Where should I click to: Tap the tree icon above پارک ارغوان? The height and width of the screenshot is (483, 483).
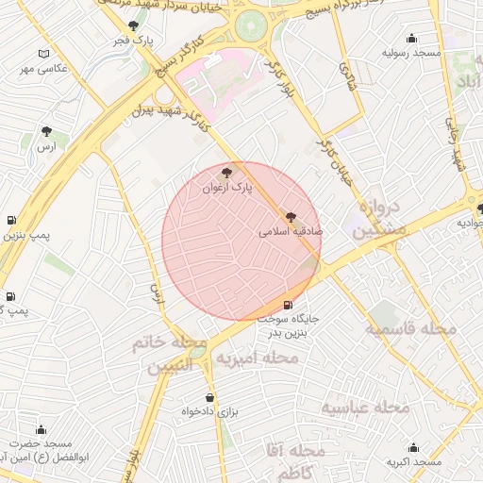pos(225,172)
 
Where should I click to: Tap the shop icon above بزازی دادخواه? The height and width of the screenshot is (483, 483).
pos(208,397)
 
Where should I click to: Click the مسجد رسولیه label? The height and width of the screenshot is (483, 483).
pos(411,54)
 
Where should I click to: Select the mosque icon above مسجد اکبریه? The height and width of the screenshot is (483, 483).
pos(413,448)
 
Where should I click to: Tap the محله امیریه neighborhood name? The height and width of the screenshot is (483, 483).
pos(257,359)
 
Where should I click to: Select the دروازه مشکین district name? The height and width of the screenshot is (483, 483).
pos(380,218)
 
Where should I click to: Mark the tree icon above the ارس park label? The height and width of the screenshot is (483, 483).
pos(46,131)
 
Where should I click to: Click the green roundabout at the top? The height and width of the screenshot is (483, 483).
pos(251,25)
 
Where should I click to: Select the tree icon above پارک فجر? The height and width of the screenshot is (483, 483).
pos(132,26)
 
